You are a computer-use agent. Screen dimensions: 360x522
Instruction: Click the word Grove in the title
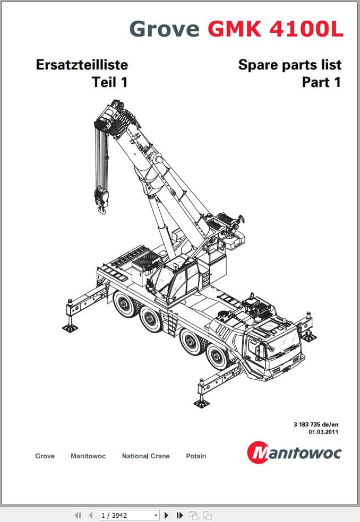164,29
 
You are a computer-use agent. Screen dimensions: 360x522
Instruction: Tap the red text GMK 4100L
276,29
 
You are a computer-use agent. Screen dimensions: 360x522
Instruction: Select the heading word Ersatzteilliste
82,65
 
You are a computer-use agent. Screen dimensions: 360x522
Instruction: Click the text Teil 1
110,82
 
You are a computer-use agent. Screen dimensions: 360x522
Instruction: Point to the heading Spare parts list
290,65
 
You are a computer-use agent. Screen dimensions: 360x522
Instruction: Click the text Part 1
322,82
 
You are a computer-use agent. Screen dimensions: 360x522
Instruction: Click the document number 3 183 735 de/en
316,424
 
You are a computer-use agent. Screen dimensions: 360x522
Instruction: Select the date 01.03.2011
323,432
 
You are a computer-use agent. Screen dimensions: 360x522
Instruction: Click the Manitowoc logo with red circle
294,453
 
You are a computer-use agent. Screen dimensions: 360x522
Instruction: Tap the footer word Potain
196,456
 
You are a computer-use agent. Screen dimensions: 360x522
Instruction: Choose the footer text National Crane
145,456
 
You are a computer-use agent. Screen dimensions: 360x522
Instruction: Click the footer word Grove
45,456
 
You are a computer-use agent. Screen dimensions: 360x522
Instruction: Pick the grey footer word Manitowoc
88,456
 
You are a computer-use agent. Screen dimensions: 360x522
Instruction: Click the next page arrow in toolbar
167,515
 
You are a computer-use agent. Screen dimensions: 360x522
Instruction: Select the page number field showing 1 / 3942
128,515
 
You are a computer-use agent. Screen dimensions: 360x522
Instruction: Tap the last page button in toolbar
179,515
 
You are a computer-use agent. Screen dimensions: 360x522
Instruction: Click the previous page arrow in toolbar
91,515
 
